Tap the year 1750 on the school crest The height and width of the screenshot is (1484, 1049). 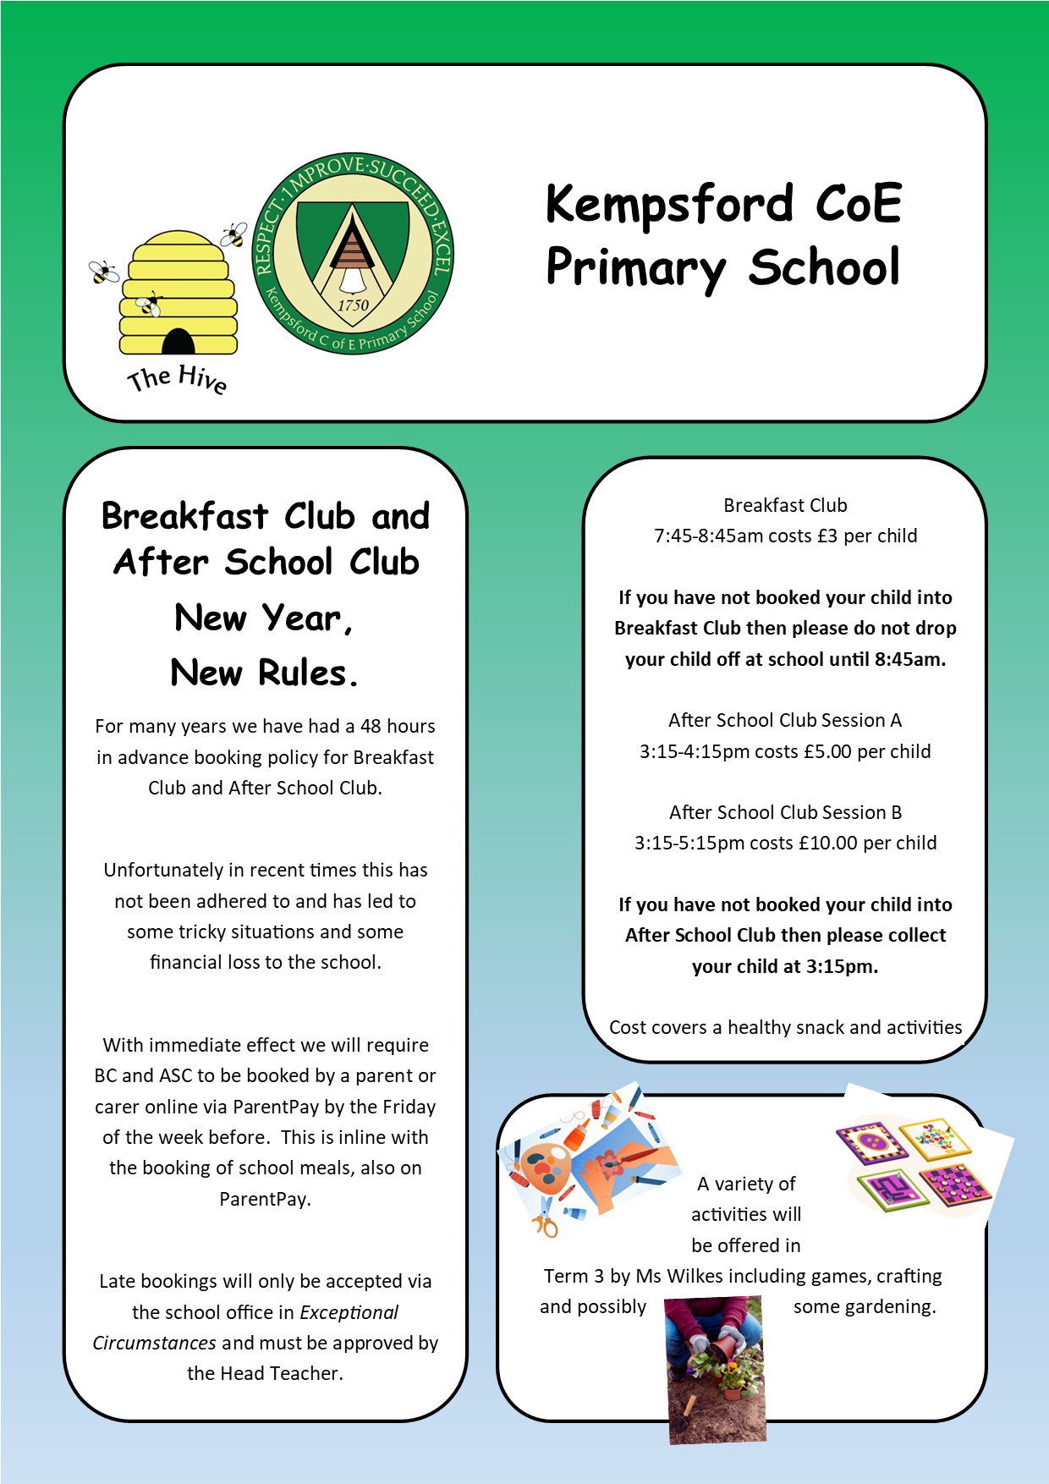(353, 305)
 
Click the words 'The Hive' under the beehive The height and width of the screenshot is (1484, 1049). (177, 379)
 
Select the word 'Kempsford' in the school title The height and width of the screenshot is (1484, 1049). (669, 206)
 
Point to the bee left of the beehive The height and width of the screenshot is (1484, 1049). (104, 272)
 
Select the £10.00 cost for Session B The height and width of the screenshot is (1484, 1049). (828, 843)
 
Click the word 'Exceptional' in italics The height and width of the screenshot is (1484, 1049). (349, 1312)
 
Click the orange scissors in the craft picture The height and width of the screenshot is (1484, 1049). (546, 1221)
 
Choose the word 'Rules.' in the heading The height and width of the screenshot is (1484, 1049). (309, 673)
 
